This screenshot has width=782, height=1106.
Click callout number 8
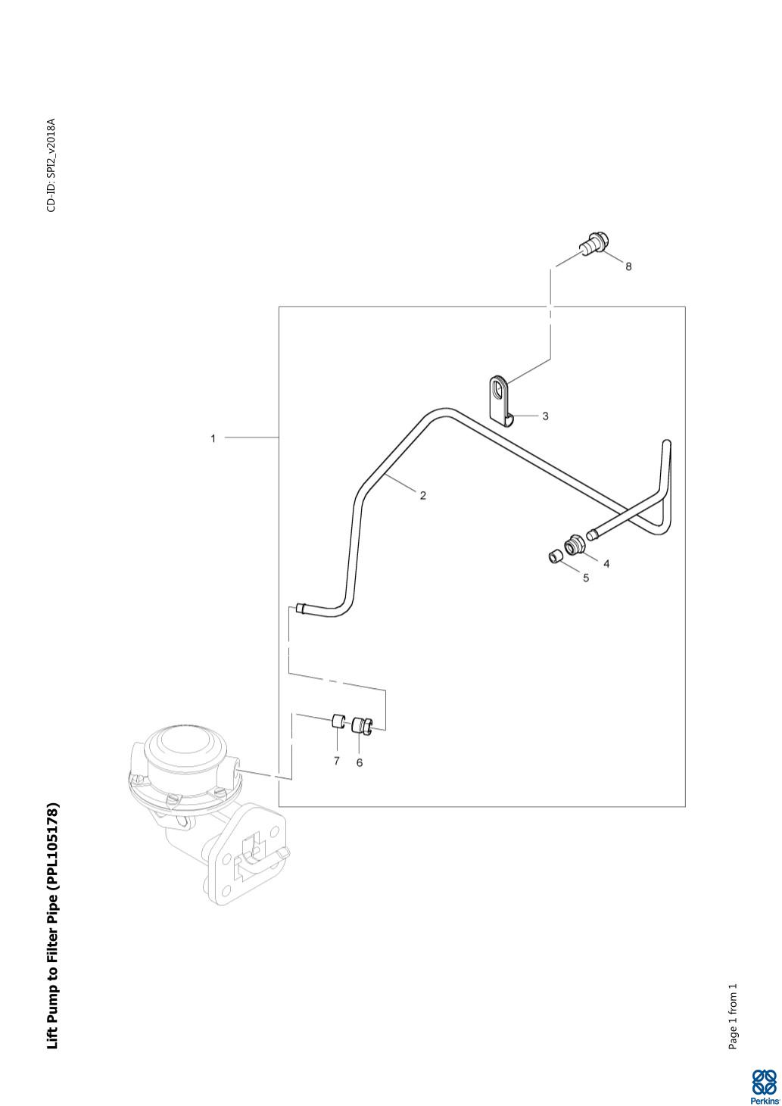point(628,266)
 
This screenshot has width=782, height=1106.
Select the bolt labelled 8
point(594,244)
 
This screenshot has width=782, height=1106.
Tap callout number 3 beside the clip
point(545,416)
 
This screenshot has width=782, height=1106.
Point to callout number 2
point(423,496)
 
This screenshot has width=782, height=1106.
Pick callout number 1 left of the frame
point(213,438)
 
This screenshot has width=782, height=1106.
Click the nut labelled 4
point(575,544)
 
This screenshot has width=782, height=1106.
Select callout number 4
point(606,563)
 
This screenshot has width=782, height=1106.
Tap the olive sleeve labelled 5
point(555,558)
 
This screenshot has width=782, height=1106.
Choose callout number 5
point(586,578)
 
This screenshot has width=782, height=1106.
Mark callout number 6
point(360,762)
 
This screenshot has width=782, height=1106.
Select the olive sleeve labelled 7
point(337,720)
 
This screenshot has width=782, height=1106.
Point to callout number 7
point(337,761)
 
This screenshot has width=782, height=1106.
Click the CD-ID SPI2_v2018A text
point(52,165)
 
